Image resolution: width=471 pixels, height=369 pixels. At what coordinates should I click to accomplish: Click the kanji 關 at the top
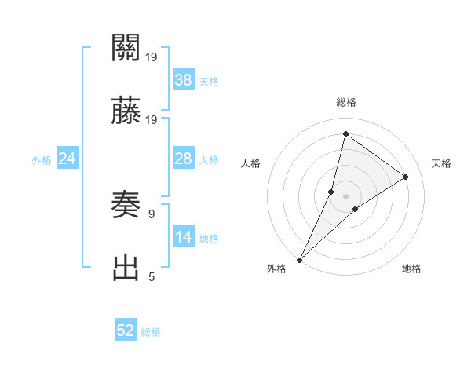coord(126,49)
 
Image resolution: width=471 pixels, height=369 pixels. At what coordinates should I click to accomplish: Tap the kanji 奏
coord(126,206)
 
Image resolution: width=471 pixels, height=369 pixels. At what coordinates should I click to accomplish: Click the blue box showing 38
coord(184,79)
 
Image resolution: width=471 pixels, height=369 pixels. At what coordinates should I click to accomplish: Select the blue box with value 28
coord(184,159)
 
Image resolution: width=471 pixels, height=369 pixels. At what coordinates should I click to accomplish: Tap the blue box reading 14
coord(184,237)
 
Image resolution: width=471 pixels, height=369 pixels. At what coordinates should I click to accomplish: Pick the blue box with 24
coord(68,159)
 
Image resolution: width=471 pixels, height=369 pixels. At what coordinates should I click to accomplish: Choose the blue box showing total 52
coord(126,331)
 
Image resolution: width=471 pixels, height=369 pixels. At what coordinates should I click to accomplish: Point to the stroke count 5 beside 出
coord(151,277)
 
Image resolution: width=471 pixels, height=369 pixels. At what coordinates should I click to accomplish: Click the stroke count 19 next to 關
coord(152,57)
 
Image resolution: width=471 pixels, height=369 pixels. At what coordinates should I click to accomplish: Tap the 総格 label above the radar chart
coord(346,102)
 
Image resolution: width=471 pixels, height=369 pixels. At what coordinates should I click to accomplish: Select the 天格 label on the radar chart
coord(441,163)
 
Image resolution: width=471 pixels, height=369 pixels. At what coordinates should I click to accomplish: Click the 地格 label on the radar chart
coord(411,269)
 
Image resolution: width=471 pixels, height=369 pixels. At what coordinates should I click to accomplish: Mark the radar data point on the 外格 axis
coord(300,259)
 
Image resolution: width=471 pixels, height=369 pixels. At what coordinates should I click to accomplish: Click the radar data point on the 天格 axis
coord(406,177)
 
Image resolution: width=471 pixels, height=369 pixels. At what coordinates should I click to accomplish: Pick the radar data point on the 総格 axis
coord(345,133)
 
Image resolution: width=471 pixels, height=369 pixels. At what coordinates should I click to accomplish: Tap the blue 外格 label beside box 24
coord(42,159)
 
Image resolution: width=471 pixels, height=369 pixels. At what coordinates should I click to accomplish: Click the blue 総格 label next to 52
coord(151,331)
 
